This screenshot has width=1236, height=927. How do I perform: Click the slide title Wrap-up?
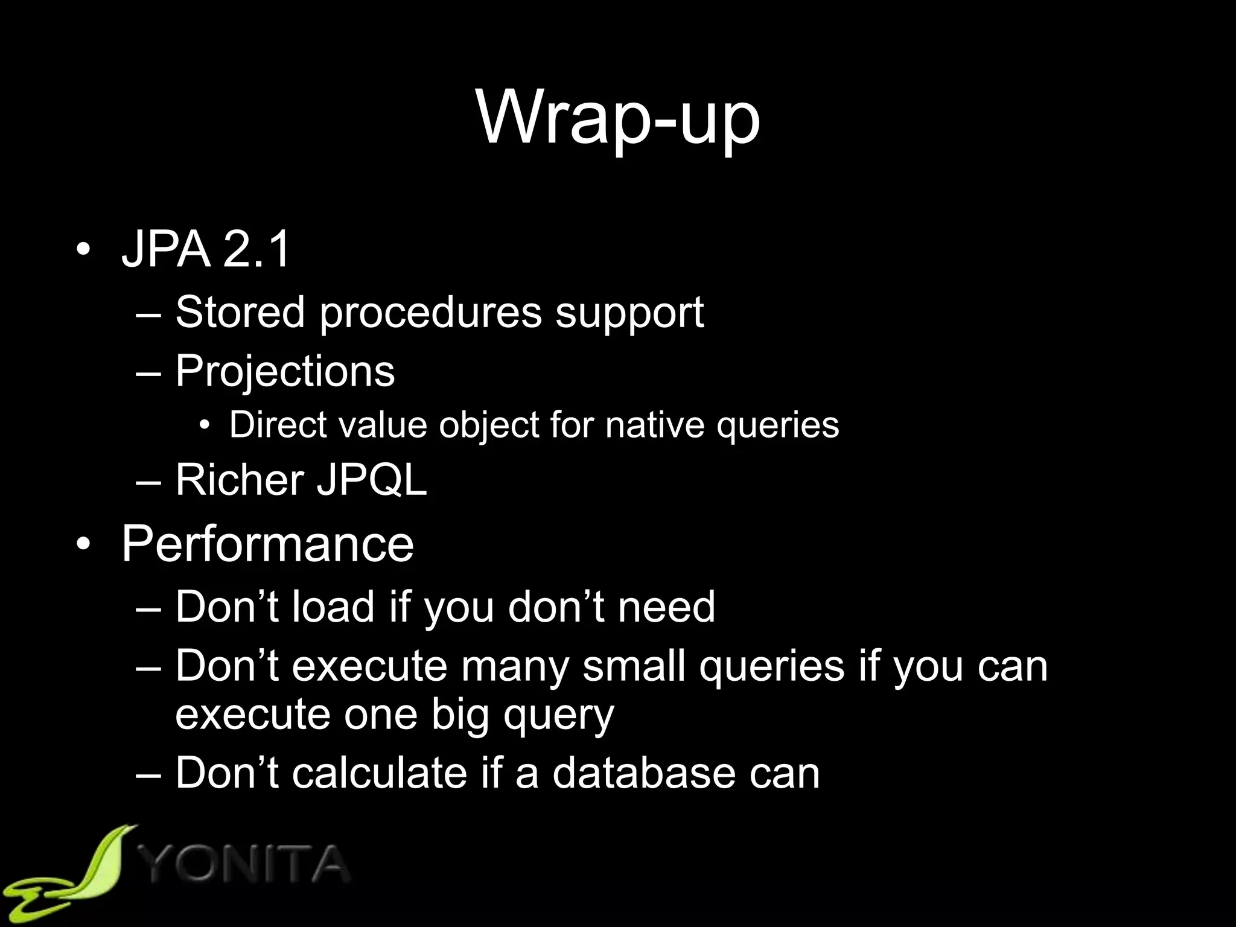click(618, 118)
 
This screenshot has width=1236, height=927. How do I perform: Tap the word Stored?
click(240, 312)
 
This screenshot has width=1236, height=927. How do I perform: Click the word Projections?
click(285, 371)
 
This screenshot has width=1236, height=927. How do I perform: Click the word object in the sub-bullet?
click(488, 425)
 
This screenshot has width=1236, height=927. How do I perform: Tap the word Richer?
click(240, 480)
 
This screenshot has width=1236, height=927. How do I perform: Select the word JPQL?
click(372, 480)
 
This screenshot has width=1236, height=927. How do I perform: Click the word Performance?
click(267, 544)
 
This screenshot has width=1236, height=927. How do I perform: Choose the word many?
click(515, 667)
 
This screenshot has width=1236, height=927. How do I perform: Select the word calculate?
click(380, 772)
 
